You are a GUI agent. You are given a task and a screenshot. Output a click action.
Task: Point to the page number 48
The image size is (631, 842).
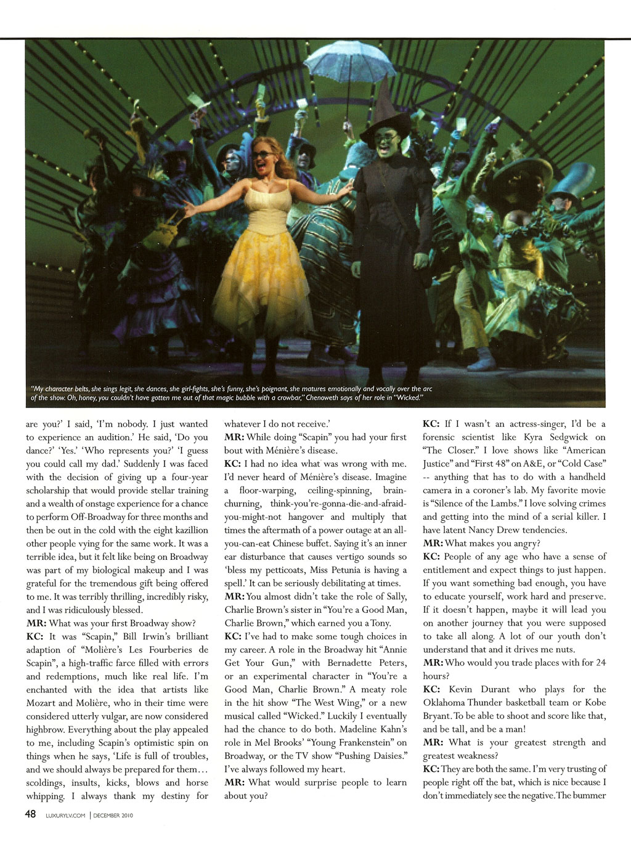point(30,814)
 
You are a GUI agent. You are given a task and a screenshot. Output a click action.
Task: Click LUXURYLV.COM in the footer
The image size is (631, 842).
point(66,815)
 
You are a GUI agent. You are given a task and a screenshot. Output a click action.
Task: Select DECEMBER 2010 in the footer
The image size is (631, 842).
point(114,815)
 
